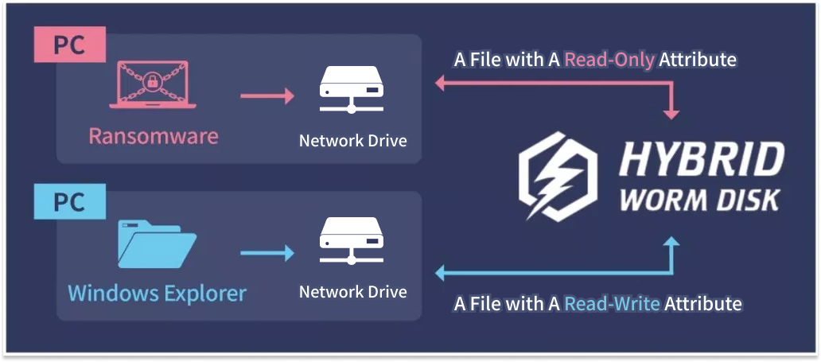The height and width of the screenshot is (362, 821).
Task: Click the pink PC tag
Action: point(69,45)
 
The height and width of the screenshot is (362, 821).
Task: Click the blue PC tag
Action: point(69,202)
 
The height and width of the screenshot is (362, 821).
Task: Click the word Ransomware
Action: point(154,136)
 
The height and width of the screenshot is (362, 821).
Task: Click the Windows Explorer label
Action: point(157,293)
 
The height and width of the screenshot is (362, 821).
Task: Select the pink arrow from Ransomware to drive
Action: point(267,96)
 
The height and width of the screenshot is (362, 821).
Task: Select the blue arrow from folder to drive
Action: point(267,252)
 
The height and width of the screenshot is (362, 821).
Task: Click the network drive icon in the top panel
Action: point(352,91)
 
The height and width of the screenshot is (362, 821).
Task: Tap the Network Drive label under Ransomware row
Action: point(352,141)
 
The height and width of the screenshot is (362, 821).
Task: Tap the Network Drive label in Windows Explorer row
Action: point(352,292)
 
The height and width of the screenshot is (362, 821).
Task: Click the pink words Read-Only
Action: point(609,60)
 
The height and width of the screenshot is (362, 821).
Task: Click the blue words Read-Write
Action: point(612,303)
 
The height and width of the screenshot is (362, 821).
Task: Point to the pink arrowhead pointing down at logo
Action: point(671,113)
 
